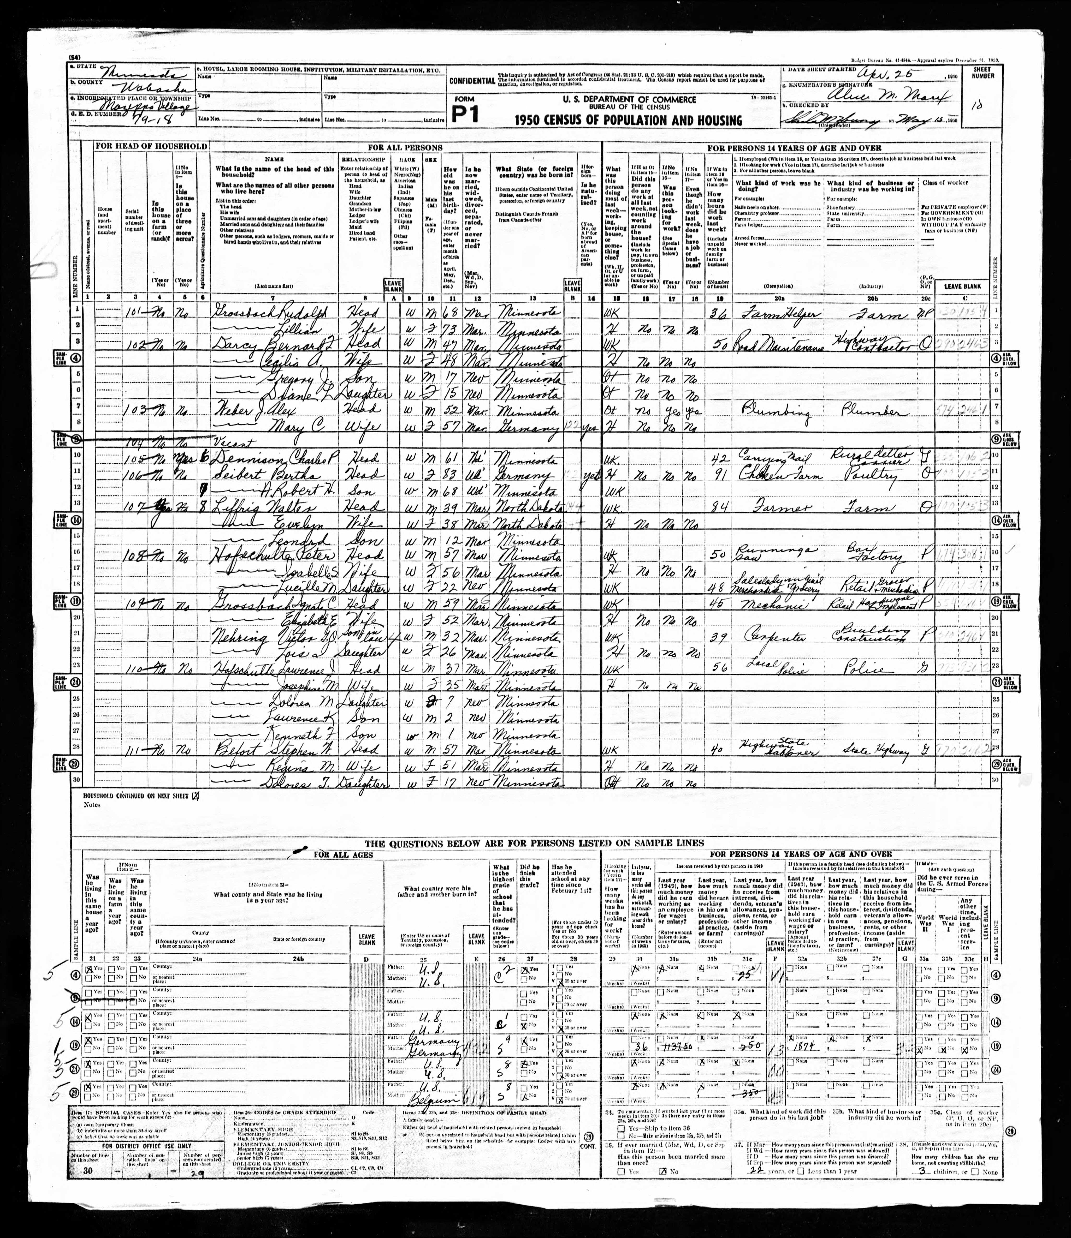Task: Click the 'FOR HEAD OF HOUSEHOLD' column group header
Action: click(x=151, y=146)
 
